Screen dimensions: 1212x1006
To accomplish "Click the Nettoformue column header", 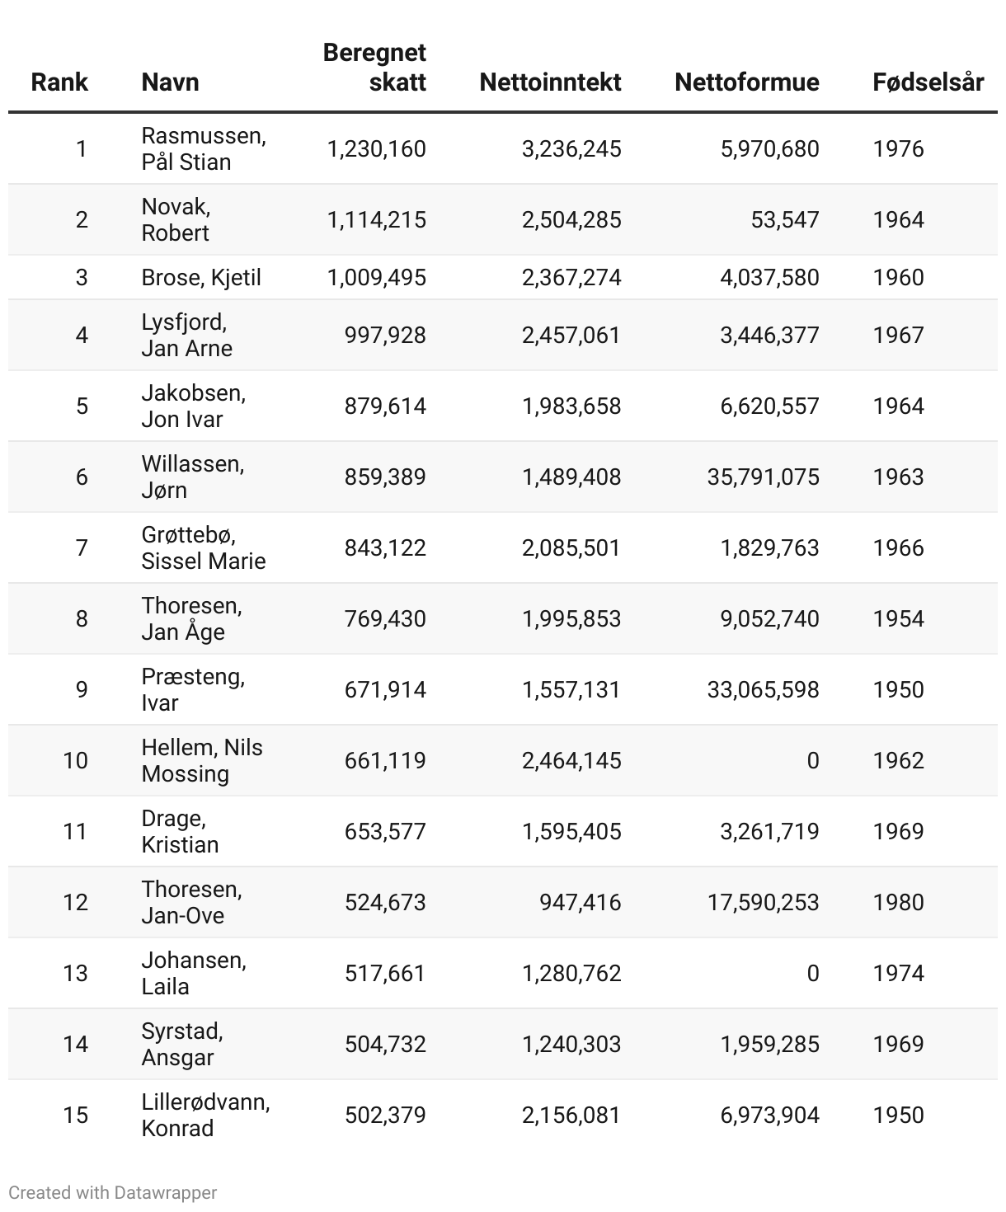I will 746,82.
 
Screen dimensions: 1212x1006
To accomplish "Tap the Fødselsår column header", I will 928,82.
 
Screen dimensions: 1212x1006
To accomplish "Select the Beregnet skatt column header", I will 375,67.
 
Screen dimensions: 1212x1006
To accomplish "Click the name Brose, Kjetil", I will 201,278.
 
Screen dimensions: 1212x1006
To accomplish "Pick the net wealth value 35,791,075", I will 763,477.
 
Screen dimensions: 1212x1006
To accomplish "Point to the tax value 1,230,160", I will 376,149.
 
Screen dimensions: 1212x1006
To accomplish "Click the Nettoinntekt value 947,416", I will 580,903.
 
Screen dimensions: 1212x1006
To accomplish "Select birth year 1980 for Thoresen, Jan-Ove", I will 898,903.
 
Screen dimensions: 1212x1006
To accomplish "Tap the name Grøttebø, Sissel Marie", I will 203,548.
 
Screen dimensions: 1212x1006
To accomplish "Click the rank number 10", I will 76,761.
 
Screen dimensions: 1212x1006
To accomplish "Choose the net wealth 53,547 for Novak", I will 784,220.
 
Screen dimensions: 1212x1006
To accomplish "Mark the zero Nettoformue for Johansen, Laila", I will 812,974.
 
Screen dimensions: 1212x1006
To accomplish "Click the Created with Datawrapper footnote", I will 113,1193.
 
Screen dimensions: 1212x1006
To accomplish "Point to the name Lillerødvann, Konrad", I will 205,1116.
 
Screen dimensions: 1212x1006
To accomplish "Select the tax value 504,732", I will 385,1045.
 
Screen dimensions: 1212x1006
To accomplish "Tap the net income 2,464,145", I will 571,761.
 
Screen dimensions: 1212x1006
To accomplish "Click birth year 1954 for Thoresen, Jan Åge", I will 898,619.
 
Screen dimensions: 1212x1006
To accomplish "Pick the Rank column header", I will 59,82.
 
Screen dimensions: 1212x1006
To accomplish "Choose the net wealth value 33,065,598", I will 763,690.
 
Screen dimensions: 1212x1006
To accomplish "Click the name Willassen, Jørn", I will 192,477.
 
